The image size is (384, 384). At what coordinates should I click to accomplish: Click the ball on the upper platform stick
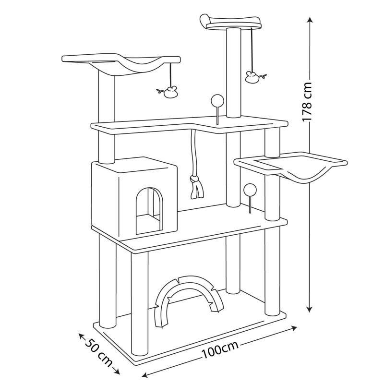216,101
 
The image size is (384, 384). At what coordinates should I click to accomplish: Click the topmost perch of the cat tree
230,22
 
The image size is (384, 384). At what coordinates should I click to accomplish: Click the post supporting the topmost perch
234,72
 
